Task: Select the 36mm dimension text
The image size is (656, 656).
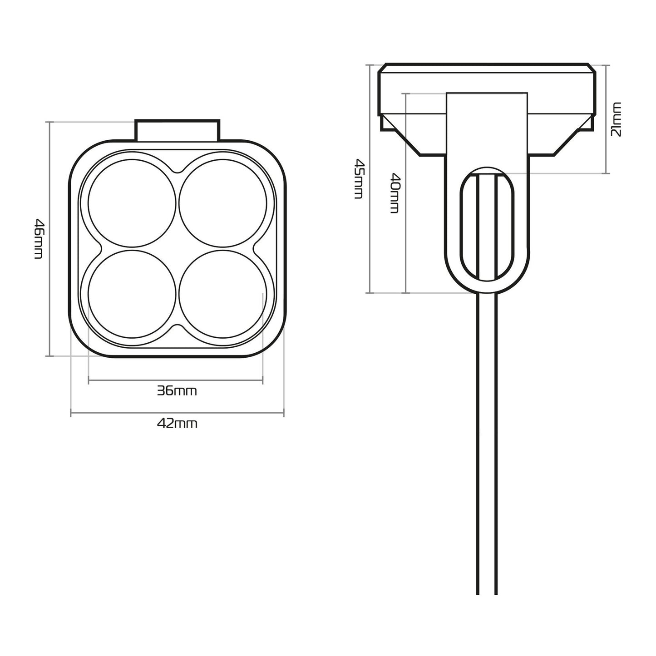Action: click(x=177, y=391)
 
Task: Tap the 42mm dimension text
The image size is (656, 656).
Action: click(x=177, y=424)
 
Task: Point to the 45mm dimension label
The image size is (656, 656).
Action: click(x=359, y=178)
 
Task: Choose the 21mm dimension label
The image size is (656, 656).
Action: click(x=617, y=119)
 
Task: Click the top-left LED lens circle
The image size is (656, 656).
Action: click(x=132, y=203)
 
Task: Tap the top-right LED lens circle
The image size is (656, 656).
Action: click(x=223, y=203)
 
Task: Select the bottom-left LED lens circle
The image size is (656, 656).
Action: click(x=132, y=294)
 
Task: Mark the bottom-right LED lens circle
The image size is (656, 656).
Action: click(x=223, y=294)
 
